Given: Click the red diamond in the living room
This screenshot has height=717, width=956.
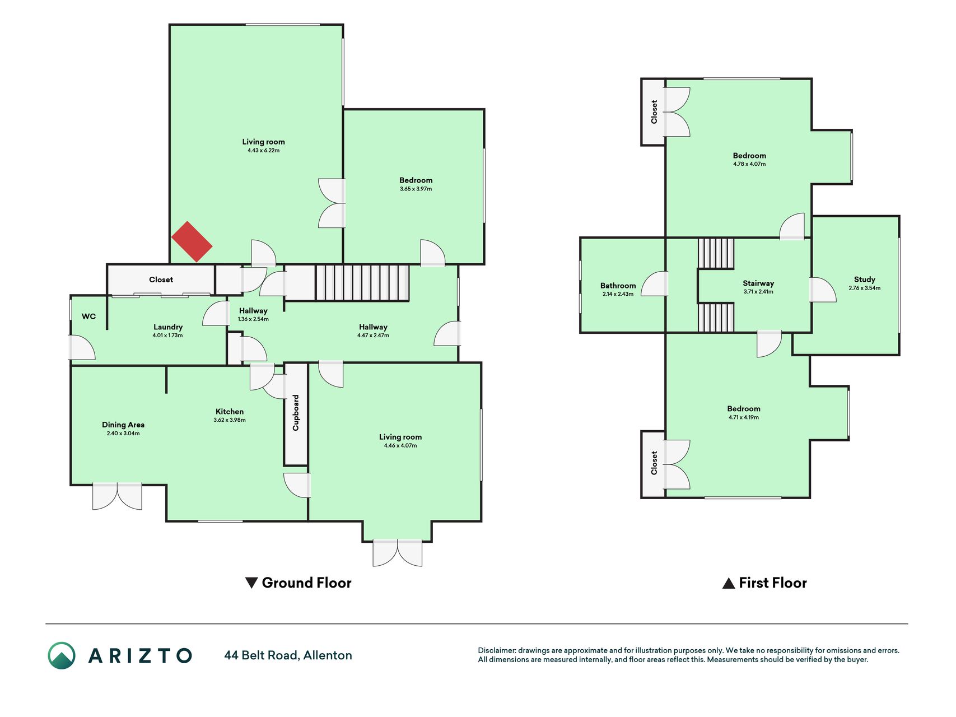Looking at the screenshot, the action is [x=192, y=241].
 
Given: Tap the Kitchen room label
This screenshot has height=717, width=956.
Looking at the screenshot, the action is [x=230, y=411].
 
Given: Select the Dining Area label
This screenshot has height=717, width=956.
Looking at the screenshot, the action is [x=123, y=425].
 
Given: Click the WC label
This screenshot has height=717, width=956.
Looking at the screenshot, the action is [x=88, y=316].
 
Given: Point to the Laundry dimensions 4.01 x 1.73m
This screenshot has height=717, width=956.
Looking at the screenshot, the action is [x=167, y=336].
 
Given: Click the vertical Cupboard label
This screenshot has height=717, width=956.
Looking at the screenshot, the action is [x=296, y=413].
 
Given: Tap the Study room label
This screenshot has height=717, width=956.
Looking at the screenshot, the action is [x=864, y=280].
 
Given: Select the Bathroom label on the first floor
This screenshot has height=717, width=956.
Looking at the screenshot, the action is [x=618, y=286].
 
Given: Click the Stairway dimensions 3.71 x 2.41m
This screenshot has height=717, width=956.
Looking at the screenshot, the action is [x=758, y=292].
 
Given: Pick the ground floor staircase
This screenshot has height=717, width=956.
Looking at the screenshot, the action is [x=362, y=283].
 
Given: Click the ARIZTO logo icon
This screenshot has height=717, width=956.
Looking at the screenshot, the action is [x=62, y=655].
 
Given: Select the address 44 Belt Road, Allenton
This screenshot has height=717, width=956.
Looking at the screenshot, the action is [x=288, y=655].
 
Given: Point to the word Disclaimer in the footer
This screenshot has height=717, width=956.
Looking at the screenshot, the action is [x=497, y=650].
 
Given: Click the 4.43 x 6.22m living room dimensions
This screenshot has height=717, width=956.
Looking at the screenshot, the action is [x=263, y=150].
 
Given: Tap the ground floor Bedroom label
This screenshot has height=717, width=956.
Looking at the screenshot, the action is [x=416, y=180].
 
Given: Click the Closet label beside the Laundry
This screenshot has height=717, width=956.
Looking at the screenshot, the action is [x=161, y=280].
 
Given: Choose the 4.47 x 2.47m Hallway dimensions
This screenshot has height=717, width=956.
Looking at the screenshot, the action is [x=373, y=336].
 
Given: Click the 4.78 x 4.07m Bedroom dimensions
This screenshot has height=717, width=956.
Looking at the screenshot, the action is [x=749, y=164].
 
